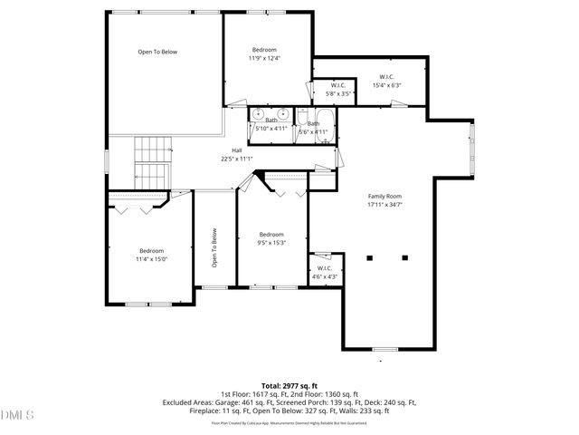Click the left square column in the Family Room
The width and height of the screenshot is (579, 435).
(x=369, y=258)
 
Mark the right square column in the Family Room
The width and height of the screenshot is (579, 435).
(x=403, y=258)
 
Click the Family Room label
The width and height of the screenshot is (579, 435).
(x=384, y=196)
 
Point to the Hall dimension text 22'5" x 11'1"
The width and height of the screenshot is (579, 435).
(x=236, y=159)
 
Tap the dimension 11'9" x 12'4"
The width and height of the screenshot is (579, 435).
(x=264, y=58)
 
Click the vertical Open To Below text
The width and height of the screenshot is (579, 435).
(x=215, y=247)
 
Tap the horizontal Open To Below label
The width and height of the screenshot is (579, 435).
(x=157, y=52)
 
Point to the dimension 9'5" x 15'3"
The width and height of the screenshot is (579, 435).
(x=271, y=242)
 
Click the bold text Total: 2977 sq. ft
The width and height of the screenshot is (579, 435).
(x=289, y=386)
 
